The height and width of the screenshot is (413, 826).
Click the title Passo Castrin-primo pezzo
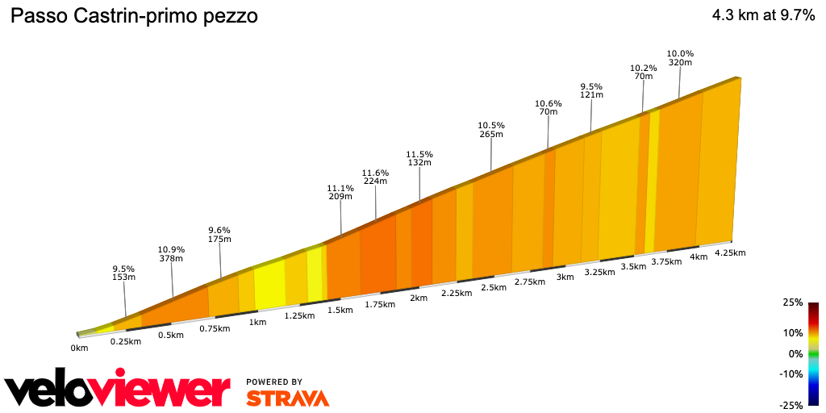[x=133, y=16]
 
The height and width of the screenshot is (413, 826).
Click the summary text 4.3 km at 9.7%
[x=763, y=16]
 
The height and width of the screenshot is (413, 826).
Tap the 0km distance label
[x=79, y=348]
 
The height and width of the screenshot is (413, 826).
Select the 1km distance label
[x=257, y=323]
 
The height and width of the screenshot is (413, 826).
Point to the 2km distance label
[x=418, y=298]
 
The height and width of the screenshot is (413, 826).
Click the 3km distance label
[x=565, y=277]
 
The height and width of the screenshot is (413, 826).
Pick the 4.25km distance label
[x=731, y=252]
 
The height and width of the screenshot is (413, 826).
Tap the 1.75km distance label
[x=379, y=304]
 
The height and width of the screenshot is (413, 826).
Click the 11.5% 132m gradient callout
[x=419, y=158]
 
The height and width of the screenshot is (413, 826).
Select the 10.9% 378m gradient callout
[x=170, y=253]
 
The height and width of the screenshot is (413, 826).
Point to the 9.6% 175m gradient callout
[x=219, y=234]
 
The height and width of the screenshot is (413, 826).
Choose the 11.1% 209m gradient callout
[x=340, y=192]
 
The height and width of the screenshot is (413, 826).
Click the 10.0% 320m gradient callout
[x=680, y=58]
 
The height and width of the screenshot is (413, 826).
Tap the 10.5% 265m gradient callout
[x=490, y=130]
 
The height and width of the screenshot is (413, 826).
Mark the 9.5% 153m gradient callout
[x=123, y=273]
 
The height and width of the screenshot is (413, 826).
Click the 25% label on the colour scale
[x=792, y=302]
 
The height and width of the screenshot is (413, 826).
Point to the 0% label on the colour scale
[x=795, y=353]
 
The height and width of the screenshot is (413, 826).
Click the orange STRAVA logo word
[x=287, y=398]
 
